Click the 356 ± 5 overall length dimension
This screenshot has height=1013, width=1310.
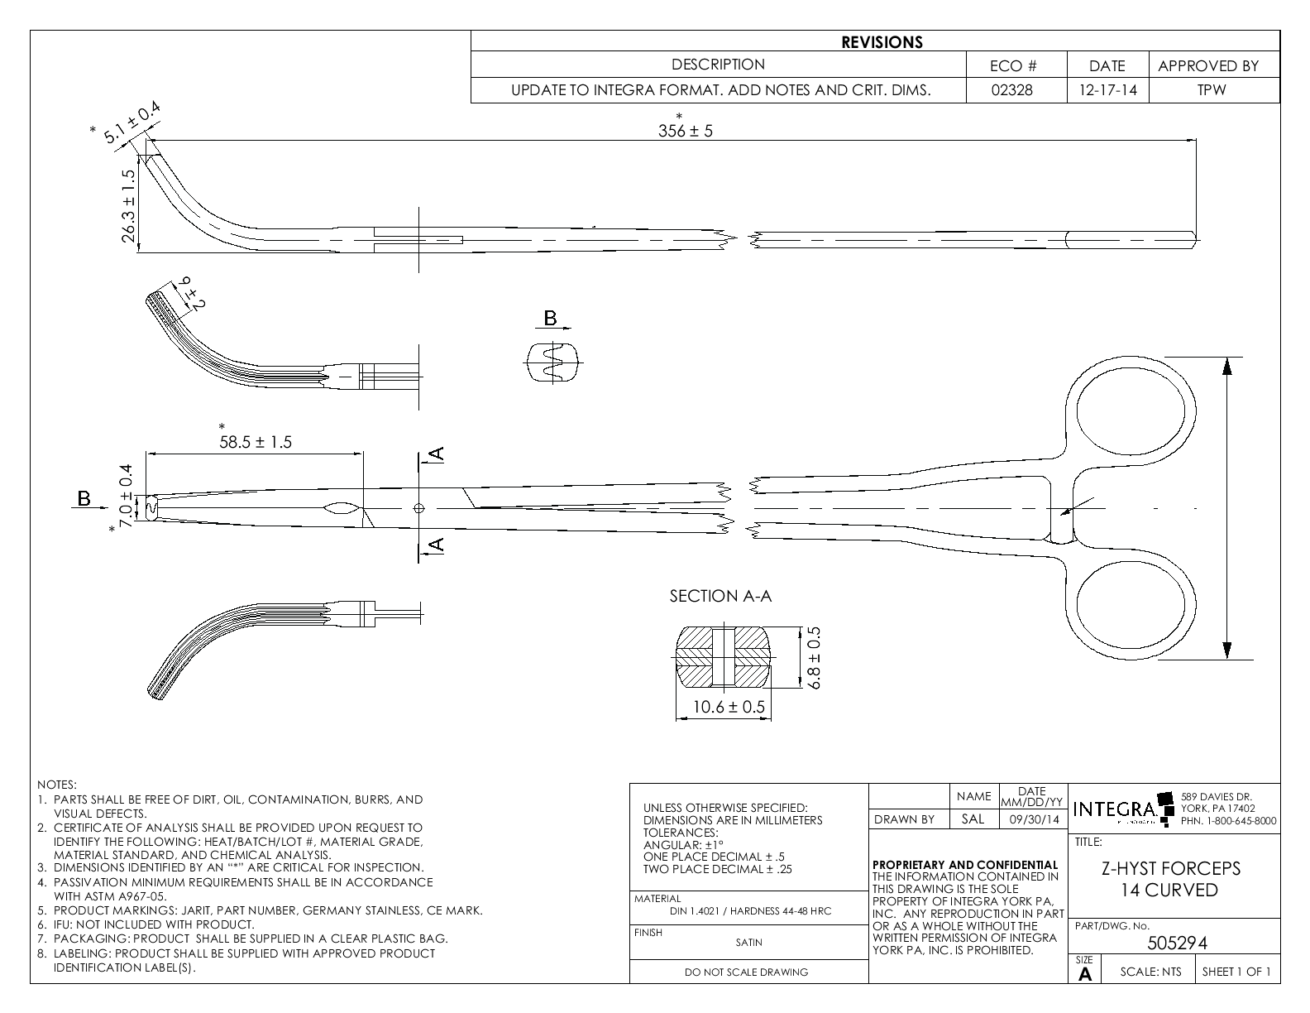(x=685, y=131)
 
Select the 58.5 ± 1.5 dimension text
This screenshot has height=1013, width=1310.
(x=256, y=442)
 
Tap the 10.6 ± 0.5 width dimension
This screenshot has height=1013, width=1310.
(x=729, y=708)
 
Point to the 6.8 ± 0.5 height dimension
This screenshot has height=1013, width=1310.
(x=814, y=658)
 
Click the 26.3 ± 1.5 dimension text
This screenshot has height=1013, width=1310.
(x=128, y=207)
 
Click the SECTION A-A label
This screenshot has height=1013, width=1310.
(x=720, y=596)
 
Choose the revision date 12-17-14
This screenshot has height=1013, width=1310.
(x=1107, y=91)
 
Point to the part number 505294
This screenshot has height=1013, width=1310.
(x=1178, y=943)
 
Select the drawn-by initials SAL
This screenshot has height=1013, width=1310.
(x=973, y=819)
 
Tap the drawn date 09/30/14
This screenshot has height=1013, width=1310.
(x=1032, y=819)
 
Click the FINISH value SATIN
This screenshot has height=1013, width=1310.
(x=748, y=942)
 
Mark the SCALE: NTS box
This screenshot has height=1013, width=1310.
(x=1150, y=972)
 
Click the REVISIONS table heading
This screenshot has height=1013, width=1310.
(x=882, y=42)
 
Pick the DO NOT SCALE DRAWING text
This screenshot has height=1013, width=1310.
(x=746, y=972)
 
